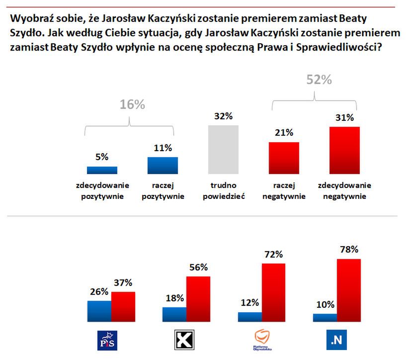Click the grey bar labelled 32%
click(223, 149)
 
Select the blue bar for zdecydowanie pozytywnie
click(102, 170)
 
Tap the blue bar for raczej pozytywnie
click(163, 165)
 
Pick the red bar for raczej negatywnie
click(284, 158)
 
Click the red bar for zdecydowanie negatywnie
click(344, 150)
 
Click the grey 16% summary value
click(132, 104)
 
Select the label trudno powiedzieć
click(223, 190)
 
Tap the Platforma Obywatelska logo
click(259, 341)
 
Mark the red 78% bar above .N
click(349, 290)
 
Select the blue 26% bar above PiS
click(99, 311)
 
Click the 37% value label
click(122, 283)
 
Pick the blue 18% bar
click(174, 314)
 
